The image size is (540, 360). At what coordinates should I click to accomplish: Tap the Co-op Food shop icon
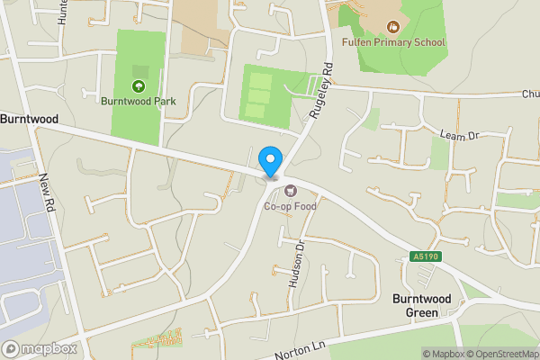(290, 190)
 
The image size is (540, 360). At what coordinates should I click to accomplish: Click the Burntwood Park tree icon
(138, 86)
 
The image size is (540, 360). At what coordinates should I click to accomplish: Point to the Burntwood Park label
(138, 101)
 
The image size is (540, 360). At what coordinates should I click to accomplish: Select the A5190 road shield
(426, 257)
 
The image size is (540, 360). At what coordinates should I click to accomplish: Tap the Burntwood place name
(30, 118)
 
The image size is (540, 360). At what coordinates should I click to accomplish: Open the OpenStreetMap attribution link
(501, 354)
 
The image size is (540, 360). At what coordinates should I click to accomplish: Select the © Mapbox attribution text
(442, 354)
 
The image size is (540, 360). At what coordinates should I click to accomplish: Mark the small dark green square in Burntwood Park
(139, 71)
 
